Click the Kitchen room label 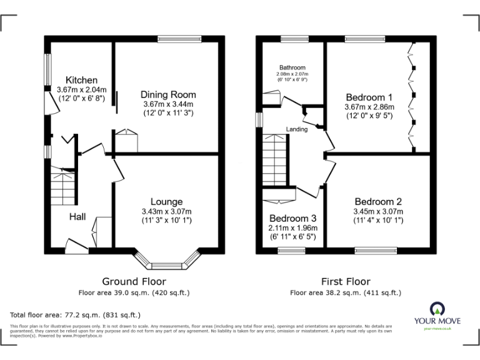coord(82,80)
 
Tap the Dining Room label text coord(167,94)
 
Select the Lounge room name coord(167,202)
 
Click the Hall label coord(77,216)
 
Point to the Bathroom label coord(292,67)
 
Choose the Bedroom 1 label coord(369,97)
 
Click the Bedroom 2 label coord(378,202)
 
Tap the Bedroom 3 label coord(292,218)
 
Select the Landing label coord(297,129)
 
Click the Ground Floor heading coord(134,281)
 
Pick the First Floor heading coord(345,281)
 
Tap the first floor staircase coord(274,161)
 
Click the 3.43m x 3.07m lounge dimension coord(166,211)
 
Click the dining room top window coord(179,39)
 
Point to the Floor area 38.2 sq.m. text coord(345,292)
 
